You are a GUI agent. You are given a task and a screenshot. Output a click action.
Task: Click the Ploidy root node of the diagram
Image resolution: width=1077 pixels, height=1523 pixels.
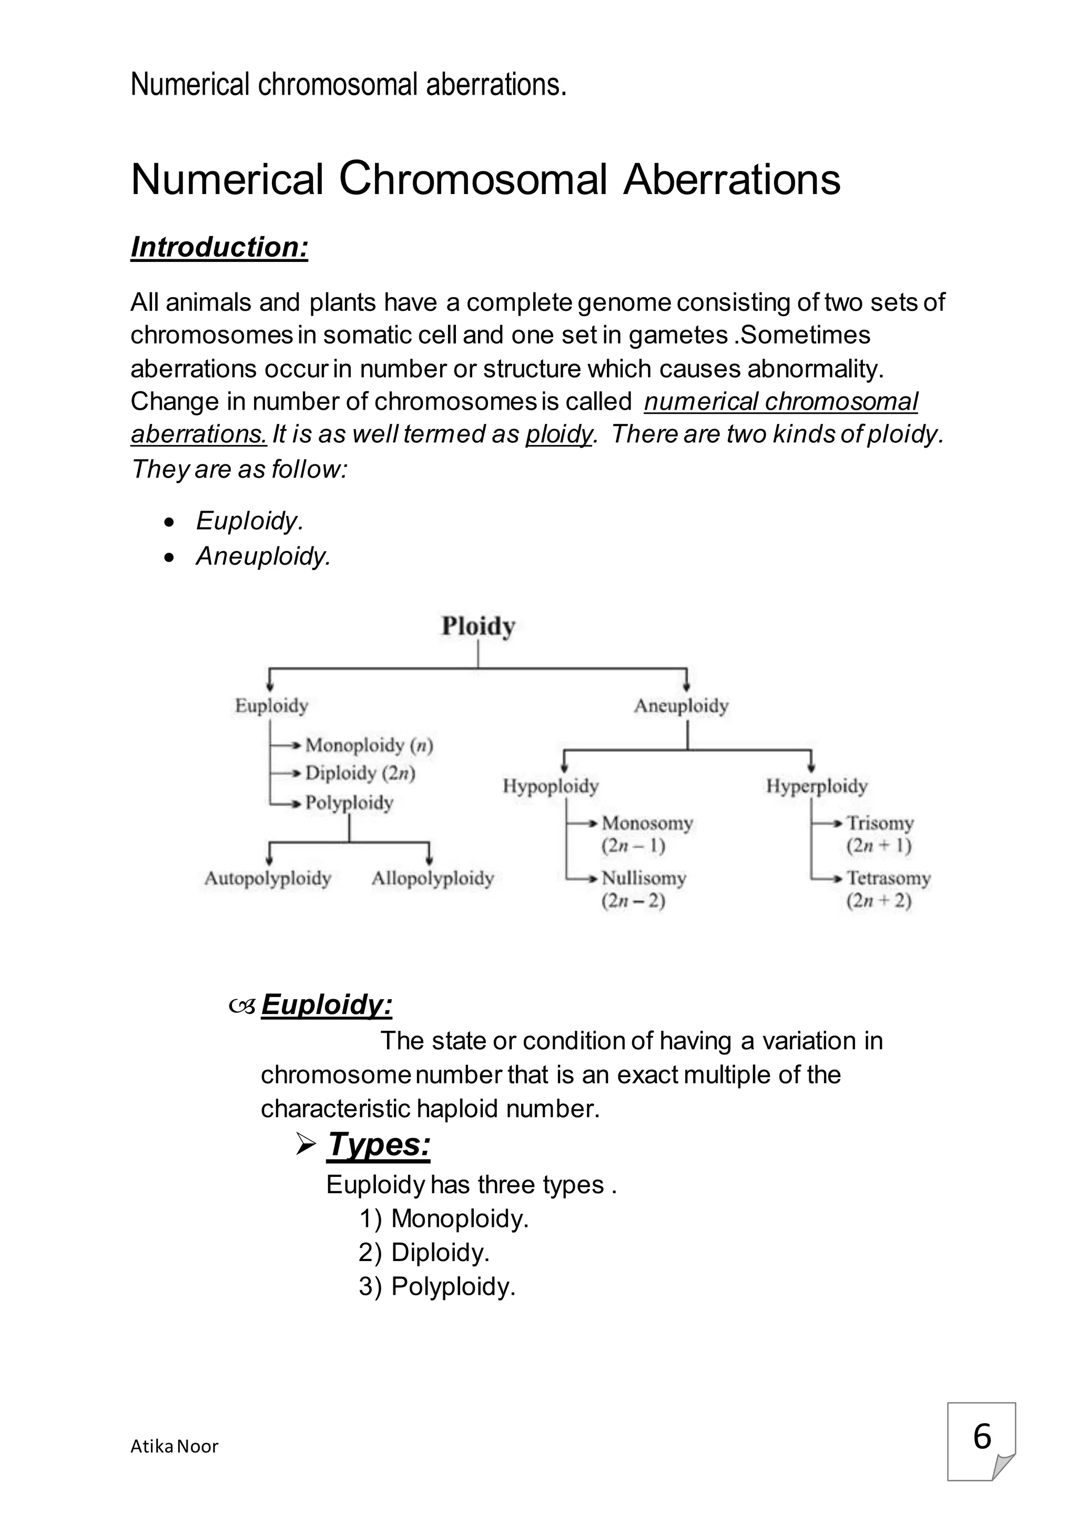tap(478, 626)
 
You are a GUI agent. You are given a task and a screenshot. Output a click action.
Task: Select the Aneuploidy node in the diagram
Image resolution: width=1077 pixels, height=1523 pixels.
tap(681, 706)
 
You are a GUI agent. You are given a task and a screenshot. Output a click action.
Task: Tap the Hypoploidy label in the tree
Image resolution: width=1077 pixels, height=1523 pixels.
tap(551, 787)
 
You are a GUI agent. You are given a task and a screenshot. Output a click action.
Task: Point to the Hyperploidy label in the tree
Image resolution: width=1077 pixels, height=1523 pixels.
tap(816, 787)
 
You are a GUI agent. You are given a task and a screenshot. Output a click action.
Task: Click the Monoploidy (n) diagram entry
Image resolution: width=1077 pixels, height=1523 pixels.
tap(369, 746)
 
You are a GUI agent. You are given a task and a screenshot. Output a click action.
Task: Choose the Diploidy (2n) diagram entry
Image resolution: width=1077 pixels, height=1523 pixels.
tap(360, 774)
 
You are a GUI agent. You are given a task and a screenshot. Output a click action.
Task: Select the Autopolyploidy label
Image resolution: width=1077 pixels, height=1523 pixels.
tap(267, 878)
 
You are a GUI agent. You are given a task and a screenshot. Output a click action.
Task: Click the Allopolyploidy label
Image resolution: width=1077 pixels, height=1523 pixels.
tap(432, 878)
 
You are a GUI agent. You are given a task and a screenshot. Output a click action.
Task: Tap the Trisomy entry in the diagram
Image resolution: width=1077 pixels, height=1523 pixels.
tap(880, 823)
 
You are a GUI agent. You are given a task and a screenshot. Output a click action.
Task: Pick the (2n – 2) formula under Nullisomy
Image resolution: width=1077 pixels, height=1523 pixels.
tap(633, 901)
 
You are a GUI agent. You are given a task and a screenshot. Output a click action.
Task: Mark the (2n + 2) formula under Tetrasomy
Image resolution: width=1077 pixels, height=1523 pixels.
tap(879, 901)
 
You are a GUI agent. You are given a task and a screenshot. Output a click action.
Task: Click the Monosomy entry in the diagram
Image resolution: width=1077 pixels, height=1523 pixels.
tap(647, 823)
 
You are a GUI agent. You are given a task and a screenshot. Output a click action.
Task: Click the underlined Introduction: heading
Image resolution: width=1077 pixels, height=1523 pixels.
tap(219, 247)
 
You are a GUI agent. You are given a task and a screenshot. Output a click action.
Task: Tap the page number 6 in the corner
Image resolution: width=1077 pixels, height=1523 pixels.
tap(981, 1436)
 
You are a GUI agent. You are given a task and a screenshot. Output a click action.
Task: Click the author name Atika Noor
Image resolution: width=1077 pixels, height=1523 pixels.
tap(175, 1446)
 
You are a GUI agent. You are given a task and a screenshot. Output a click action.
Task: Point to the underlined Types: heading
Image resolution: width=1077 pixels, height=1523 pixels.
tap(379, 1144)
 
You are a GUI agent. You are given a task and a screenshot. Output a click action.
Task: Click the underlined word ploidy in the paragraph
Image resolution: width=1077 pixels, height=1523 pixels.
tap(559, 434)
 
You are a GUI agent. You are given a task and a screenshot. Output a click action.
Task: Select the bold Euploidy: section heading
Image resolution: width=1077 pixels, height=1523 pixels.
tap(326, 1004)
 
